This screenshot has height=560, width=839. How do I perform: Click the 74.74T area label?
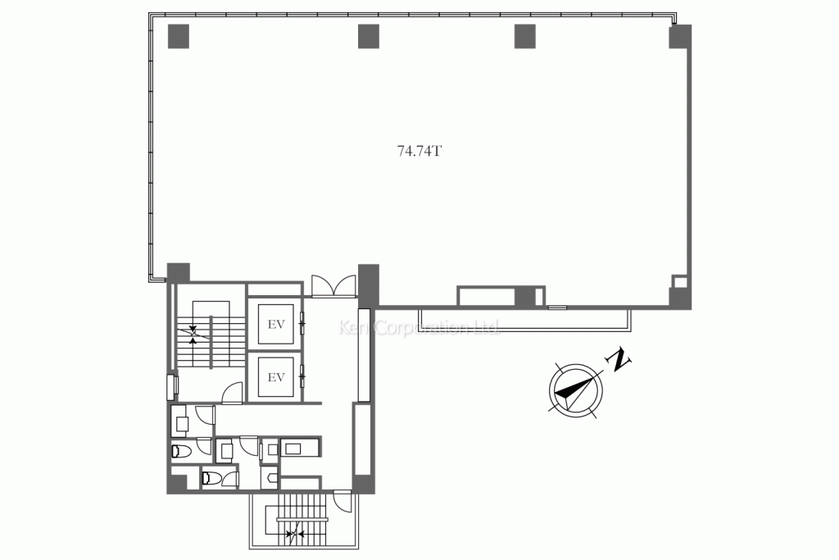419,151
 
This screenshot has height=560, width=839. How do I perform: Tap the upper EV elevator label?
276,324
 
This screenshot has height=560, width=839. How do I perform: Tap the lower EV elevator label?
276,377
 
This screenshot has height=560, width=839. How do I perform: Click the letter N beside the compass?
619,357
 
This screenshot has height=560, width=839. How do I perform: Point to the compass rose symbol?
574,390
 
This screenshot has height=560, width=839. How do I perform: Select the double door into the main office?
333,286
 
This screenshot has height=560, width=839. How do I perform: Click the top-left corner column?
178,35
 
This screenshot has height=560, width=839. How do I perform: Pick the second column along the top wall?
369,35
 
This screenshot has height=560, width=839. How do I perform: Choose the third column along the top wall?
524,35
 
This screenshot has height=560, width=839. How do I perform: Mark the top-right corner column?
680,37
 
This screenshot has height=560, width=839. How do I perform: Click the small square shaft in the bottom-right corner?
680,281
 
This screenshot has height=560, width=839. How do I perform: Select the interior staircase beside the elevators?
211,335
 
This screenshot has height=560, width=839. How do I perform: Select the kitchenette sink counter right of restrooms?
301,448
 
